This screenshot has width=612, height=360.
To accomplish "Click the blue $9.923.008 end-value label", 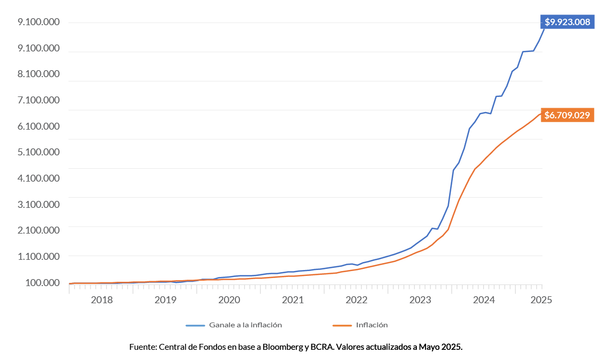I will [567, 22].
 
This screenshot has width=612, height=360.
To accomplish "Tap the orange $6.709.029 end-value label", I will [567, 115].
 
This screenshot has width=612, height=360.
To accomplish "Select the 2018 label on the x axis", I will [102, 299].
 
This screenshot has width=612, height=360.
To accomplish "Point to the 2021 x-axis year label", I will [293, 299].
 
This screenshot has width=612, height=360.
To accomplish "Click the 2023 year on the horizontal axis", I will [420, 299].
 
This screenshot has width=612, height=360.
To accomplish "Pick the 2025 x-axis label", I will [540, 299].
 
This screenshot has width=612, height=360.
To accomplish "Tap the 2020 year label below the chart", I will [229, 299].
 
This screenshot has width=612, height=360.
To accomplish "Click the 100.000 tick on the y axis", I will [39, 282].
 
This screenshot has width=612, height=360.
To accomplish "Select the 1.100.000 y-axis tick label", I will [39, 256].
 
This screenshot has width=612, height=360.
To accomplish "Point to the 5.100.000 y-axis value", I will [39, 152].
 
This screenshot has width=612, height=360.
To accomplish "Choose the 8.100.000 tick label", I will [39, 74].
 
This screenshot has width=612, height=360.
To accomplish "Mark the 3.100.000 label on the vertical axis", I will [39, 204].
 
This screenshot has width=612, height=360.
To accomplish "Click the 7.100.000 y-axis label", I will [39, 100].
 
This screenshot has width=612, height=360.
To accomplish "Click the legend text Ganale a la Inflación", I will [245, 325].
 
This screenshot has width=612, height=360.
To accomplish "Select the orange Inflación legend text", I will [371, 325].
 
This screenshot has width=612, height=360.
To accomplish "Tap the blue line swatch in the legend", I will [195, 325].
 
